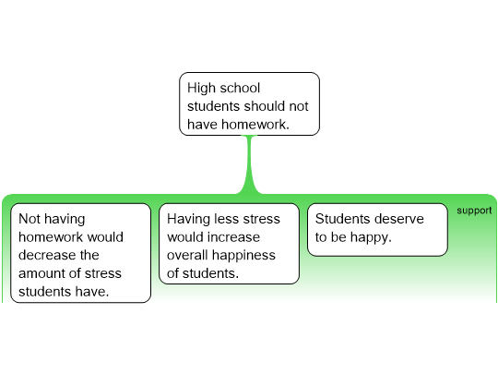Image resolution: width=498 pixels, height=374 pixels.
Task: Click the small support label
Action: pyautogui.click(x=474, y=211)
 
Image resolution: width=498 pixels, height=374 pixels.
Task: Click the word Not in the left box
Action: pyautogui.click(x=30, y=219)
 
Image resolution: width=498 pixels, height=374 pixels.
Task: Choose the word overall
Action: pyautogui.click(x=187, y=255)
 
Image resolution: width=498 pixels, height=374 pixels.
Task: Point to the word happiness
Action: pyautogui.click(x=243, y=256)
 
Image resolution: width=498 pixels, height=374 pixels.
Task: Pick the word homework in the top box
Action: pyautogui.click(x=255, y=125)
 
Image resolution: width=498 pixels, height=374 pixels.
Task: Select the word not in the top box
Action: pyautogui.click(x=299, y=106)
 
